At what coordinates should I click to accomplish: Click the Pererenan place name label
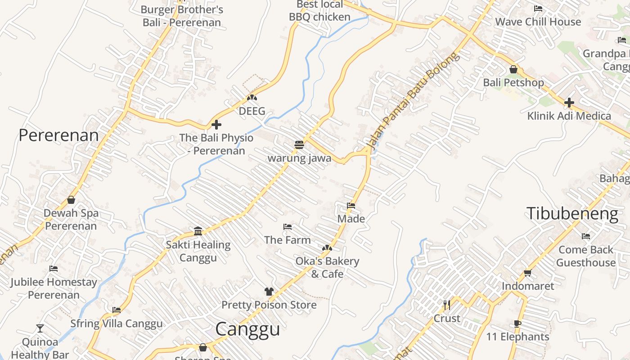(58, 135)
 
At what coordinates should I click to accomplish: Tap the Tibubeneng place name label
(572, 213)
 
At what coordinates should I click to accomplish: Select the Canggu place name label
(247, 329)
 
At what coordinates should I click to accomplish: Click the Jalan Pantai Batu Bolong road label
(414, 102)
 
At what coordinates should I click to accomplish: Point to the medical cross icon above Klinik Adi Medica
(569, 103)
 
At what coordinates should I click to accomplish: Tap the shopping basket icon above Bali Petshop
(513, 70)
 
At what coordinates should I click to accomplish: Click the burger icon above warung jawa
(299, 144)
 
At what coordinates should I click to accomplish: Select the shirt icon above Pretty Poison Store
(269, 292)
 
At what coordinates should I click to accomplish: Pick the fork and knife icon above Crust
(446, 305)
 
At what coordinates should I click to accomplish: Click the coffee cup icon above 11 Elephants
(517, 324)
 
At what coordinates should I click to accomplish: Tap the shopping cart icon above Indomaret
(527, 273)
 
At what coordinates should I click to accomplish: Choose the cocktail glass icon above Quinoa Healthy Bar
(40, 328)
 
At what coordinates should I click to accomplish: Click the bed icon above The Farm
(288, 227)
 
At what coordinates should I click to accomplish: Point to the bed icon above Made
(351, 206)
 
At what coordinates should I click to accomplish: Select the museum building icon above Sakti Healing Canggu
(198, 231)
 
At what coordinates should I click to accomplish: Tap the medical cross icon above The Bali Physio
(216, 125)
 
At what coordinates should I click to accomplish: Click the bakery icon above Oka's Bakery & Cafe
(327, 248)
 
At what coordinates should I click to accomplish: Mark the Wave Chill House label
(538, 22)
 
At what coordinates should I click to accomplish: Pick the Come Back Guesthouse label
(585, 256)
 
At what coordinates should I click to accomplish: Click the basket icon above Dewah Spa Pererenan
(71, 200)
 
